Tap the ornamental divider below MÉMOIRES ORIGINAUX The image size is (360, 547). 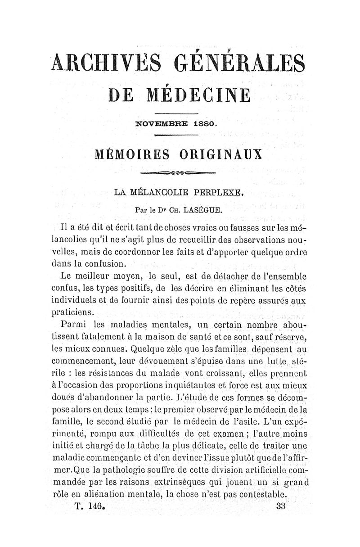point(179,172)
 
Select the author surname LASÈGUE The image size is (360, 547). point(204,210)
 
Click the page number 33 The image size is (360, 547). point(282,506)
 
